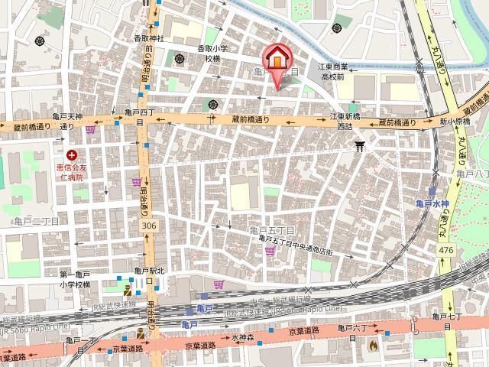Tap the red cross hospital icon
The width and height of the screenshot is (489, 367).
(71, 155)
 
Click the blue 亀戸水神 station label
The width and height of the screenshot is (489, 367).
(432, 203)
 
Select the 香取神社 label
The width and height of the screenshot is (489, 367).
(150, 38)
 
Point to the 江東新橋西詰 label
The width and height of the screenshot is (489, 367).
(345, 121)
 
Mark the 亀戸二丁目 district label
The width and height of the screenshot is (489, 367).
(36, 221)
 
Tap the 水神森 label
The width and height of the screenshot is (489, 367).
(241, 336)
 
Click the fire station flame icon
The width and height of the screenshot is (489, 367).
(373, 345)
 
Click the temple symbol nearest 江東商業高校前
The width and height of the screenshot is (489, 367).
(337, 28)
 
